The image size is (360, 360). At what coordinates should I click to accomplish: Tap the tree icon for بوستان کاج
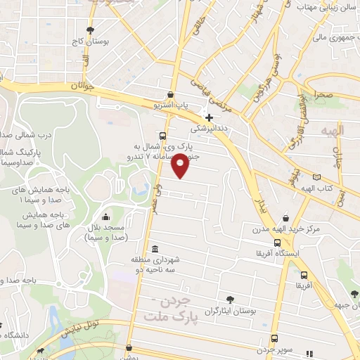coord(90,30)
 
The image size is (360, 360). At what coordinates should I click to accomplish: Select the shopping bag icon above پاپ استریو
coord(170,95)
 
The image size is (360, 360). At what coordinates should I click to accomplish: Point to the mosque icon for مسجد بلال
coord(105,217)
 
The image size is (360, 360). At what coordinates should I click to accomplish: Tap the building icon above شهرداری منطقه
coord(155,249)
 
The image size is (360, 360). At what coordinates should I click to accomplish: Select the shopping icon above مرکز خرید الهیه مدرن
coord(285,218)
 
